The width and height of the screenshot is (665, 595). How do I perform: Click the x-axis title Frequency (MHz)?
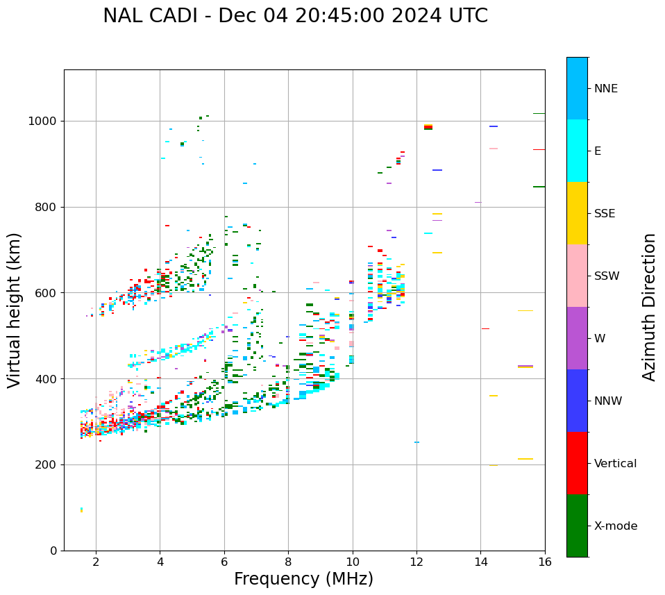[x=303, y=579]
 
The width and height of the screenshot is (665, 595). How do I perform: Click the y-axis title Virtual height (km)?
[x=15, y=310]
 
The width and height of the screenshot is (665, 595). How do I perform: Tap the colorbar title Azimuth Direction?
[x=649, y=307]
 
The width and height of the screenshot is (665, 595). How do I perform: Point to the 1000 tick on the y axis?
[x=47, y=121]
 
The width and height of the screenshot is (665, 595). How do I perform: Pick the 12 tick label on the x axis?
[x=416, y=562]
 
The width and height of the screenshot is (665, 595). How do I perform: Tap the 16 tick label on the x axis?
[x=545, y=562]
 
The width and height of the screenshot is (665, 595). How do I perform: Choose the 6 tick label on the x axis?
[x=224, y=562]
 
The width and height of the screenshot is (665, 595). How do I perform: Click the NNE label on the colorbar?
[x=605, y=89]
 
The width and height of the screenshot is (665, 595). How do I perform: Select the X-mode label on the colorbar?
[x=615, y=526]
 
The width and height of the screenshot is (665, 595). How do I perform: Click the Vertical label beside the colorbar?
[x=615, y=464]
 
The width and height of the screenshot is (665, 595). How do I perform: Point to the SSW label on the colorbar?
[x=606, y=276]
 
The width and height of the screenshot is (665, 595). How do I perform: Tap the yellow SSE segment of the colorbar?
[x=577, y=213]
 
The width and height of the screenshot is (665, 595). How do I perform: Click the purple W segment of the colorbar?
[x=577, y=338]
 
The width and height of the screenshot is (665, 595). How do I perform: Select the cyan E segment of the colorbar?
[x=577, y=151]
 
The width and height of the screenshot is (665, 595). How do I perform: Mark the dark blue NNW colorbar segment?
[x=577, y=401]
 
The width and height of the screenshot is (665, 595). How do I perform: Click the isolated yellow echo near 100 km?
[x=81, y=510]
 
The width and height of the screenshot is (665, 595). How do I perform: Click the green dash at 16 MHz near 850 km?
[x=539, y=187]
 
